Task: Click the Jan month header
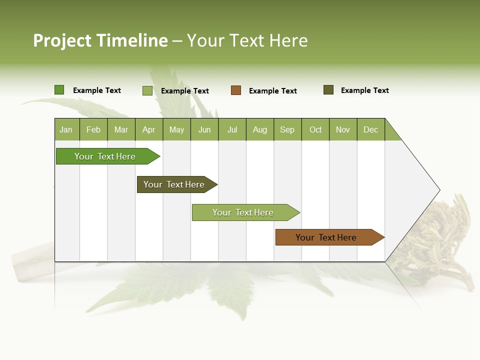coord(66,129)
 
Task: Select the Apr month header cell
coord(149,129)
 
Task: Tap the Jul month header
coord(232,129)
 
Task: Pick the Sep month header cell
coord(287,129)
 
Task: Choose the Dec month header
coord(370,129)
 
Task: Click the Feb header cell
coord(93,129)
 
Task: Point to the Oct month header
coord(315,129)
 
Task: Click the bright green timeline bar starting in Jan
coord(105,156)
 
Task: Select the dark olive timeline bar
coord(174,184)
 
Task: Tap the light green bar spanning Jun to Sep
coord(243,212)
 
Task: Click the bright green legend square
coord(59,90)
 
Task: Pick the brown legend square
coord(236,90)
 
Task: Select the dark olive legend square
coord(328,90)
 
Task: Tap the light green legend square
coord(147,90)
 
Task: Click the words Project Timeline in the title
coord(100,40)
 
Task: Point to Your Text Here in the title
coord(247,40)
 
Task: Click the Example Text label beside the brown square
coord(273,91)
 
